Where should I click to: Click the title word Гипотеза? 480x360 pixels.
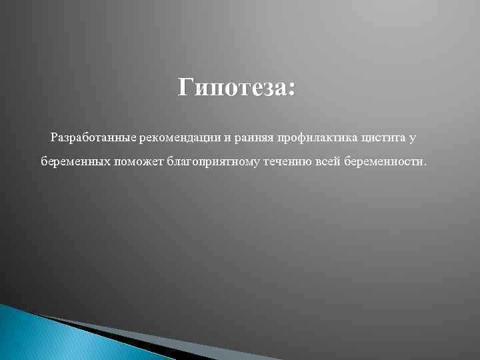tap(233, 87)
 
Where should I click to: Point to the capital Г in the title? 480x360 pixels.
tap(186, 87)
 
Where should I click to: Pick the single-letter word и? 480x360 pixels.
tap(227, 138)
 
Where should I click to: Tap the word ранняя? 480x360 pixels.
tap(255, 138)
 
